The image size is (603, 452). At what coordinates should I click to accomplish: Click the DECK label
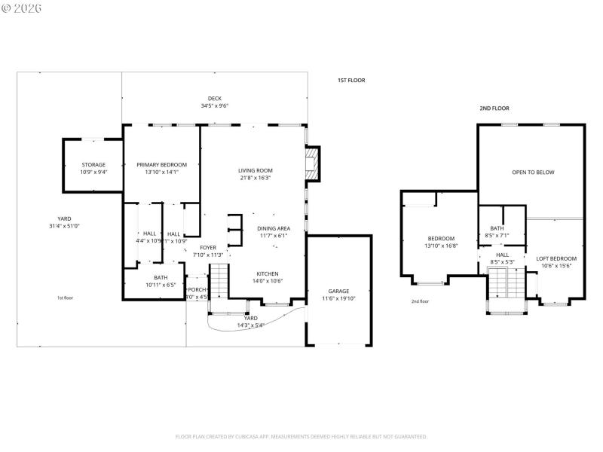click(215, 99)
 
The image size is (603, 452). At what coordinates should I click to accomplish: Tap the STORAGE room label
click(93, 165)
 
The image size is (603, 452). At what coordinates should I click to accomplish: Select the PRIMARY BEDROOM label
click(161, 165)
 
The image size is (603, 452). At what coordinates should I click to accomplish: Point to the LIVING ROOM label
click(256, 170)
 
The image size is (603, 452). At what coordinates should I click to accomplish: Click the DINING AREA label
click(274, 228)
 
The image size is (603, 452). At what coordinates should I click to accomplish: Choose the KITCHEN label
click(268, 273)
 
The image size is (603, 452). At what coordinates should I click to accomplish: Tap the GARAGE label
click(338, 291)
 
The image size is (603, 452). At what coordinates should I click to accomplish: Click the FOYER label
click(208, 247)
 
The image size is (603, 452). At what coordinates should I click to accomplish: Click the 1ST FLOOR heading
click(351, 80)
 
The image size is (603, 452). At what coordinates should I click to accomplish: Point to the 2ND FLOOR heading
click(494, 108)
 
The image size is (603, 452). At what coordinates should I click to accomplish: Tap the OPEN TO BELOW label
click(533, 173)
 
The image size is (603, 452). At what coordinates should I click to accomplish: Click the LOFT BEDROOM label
click(556, 259)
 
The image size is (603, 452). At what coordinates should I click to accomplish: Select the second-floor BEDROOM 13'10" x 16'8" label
click(440, 239)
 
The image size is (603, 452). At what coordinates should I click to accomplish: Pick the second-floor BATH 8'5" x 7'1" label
click(497, 228)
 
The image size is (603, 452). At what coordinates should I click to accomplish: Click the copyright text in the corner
click(22, 8)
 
